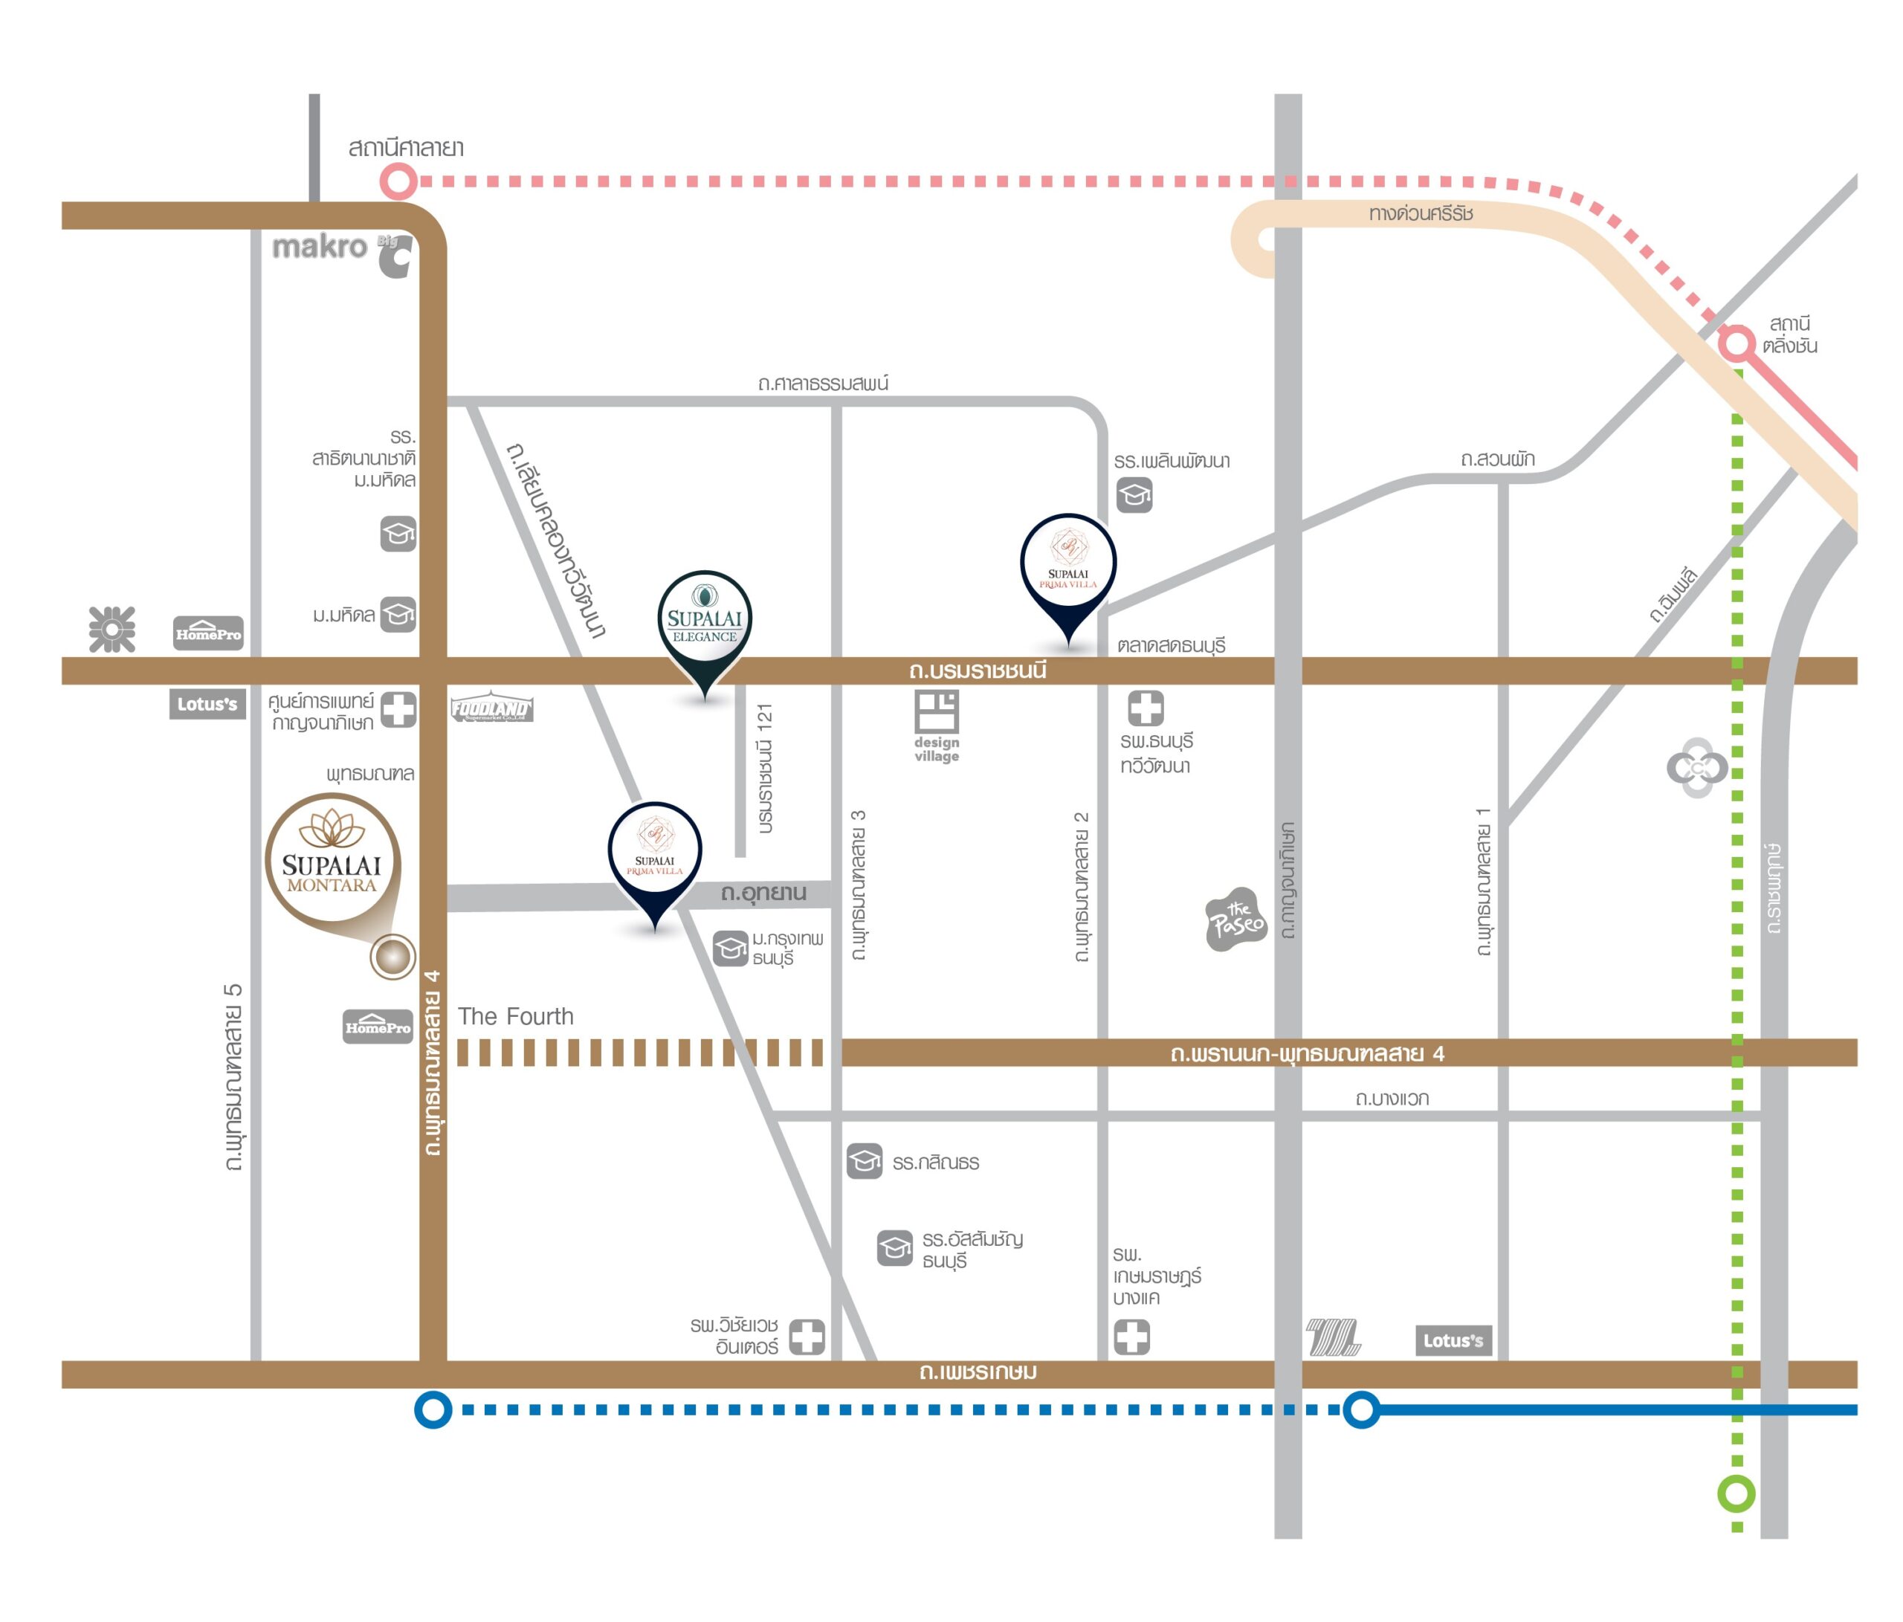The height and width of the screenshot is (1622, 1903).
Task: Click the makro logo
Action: pyautogui.click(x=319, y=246)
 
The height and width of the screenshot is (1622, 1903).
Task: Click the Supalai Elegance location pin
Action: pyautogui.click(x=705, y=624)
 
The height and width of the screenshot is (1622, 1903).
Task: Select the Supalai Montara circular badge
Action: pyautogui.click(x=332, y=861)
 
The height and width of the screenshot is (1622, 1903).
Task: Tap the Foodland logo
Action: pyautogui.click(x=491, y=708)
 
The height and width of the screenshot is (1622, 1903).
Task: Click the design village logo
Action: pyautogui.click(x=936, y=725)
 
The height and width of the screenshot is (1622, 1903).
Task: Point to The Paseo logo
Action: pyautogui.click(x=1235, y=919)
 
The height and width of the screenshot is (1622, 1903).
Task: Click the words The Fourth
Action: pyautogui.click(x=515, y=1016)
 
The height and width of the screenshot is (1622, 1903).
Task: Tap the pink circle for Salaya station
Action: pyautogui.click(x=398, y=181)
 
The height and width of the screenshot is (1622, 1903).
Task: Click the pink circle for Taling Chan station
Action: pyautogui.click(x=1736, y=343)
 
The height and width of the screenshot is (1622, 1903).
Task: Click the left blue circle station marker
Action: pyautogui.click(x=433, y=1409)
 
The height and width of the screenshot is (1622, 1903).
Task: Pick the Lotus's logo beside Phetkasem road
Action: pyautogui.click(x=1453, y=1340)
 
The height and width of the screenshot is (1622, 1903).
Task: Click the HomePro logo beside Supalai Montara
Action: pyautogui.click(x=378, y=1026)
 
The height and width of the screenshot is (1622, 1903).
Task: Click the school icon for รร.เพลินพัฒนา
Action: pyautogui.click(x=1134, y=495)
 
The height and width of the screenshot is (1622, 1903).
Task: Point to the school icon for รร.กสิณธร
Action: pyautogui.click(x=865, y=1161)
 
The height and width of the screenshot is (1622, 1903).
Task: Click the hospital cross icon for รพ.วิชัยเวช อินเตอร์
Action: pyautogui.click(x=807, y=1337)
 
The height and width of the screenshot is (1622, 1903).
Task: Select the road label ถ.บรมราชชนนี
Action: pyautogui.click(x=978, y=671)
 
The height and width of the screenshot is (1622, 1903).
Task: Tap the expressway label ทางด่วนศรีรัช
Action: pyautogui.click(x=1420, y=214)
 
